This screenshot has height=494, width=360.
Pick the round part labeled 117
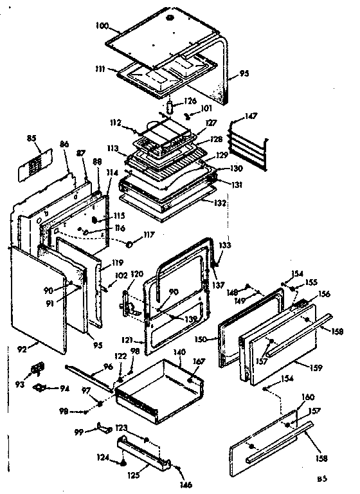coord(131,244)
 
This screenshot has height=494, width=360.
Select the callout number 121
coord(127,339)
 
